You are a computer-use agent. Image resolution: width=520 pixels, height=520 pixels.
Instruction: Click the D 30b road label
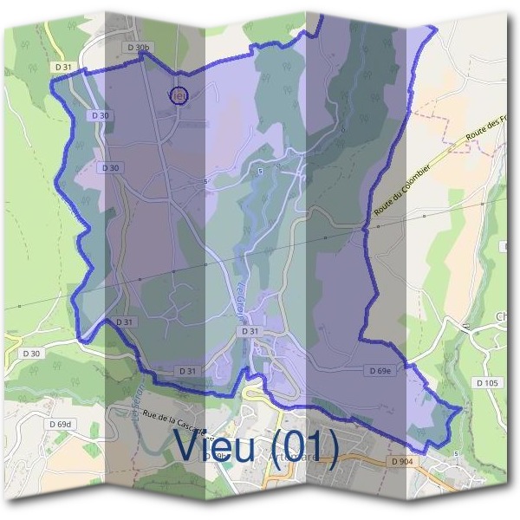click(x=138, y=47)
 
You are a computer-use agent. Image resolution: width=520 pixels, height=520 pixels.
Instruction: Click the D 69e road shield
click(x=379, y=371)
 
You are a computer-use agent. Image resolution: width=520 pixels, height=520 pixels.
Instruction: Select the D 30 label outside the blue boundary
click(x=32, y=354)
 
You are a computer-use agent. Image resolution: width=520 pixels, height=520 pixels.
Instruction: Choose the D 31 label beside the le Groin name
click(x=250, y=332)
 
